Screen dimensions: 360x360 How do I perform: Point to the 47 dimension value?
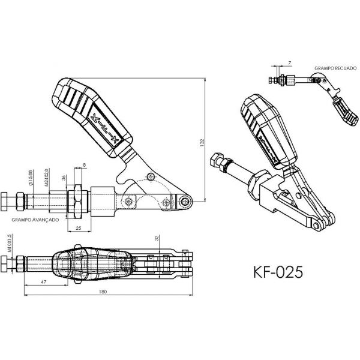point(44,280)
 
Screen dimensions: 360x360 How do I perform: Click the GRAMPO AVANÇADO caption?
point(34,220)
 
